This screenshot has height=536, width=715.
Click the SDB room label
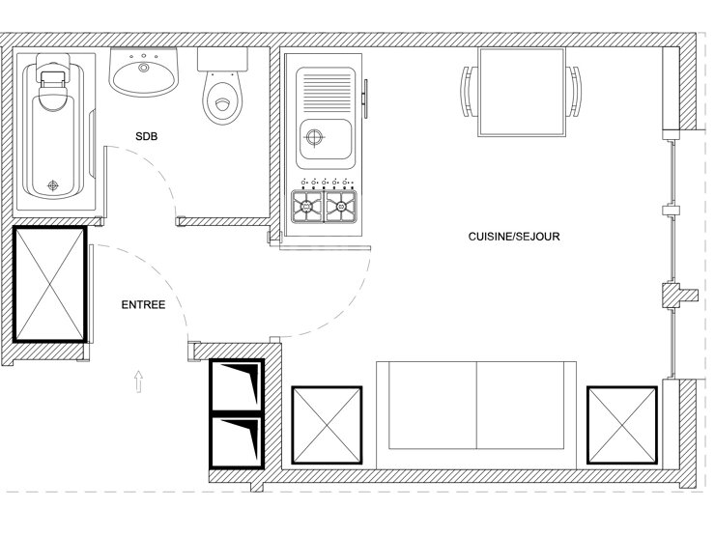point(146,136)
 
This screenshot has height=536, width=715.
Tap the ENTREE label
point(143,305)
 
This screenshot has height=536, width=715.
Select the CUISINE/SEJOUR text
point(514,237)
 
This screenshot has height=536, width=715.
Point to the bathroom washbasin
point(143,73)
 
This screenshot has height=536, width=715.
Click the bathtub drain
point(53,185)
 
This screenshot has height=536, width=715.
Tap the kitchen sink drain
point(314,137)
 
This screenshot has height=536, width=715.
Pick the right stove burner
point(341,208)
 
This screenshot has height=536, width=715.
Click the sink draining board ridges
point(326,89)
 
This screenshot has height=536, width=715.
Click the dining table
point(522,93)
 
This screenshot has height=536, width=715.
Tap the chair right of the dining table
point(574,92)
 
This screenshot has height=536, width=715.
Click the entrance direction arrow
point(138,381)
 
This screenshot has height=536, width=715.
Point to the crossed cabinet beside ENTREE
point(49,284)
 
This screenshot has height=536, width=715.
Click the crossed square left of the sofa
point(327,425)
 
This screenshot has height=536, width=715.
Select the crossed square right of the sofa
point(622,425)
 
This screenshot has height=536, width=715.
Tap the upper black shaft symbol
point(237,386)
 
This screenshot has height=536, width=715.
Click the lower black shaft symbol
point(237,441)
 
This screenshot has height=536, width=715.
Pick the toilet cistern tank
point(222,59)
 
